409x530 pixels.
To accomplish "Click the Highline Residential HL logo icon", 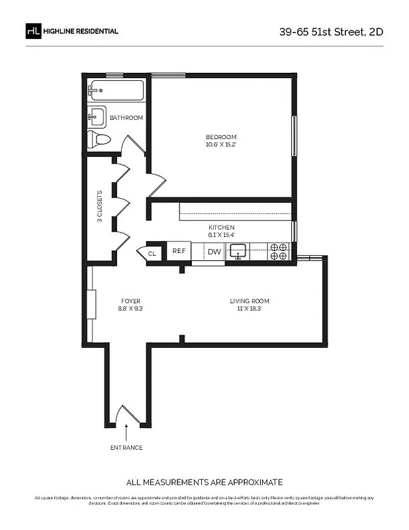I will coord(33,30).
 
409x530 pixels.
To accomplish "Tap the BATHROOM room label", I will coord(126,118).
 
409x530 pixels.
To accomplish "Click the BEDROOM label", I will coord(220,137).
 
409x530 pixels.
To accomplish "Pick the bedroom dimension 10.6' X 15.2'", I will coord(220,144).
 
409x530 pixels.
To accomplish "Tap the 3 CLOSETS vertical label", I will coord(100,207).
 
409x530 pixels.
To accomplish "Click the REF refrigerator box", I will coord(179,251).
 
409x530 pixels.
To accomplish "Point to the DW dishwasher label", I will coord(214,252).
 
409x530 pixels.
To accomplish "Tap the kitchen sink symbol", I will coord(238,251).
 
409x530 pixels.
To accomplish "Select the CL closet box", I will coord(152,253).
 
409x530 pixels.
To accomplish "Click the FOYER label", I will coord(130,301).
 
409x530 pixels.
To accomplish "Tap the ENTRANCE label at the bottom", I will coord(126,448).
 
